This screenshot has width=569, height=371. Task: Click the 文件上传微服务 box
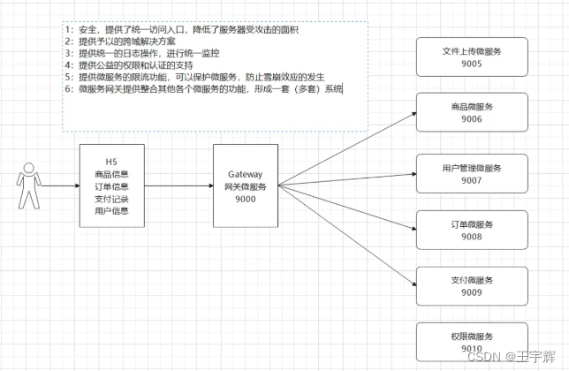(x=473, y=57)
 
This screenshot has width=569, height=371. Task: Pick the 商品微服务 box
(x=473, y=113)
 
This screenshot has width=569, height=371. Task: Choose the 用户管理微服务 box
(x=473, y=174)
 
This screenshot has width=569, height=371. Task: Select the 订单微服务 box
(x=473, y=230)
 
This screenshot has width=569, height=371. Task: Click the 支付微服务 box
(x=473, y=286)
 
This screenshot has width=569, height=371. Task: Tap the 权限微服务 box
(x=473, y=343)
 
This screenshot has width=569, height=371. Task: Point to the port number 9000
(x=247, y=200)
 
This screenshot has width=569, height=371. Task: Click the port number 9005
(x=473, y=63)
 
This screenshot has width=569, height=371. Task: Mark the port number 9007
(x=473, y=180)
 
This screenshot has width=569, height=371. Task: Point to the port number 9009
(x=473, y=292)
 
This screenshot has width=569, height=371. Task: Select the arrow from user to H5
(x=60, y=186)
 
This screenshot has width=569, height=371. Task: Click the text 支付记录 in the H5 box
(x=111, y=199)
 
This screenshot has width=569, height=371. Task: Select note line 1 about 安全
(x=181, y=30)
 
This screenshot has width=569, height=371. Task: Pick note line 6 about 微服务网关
(x=203, y=89)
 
